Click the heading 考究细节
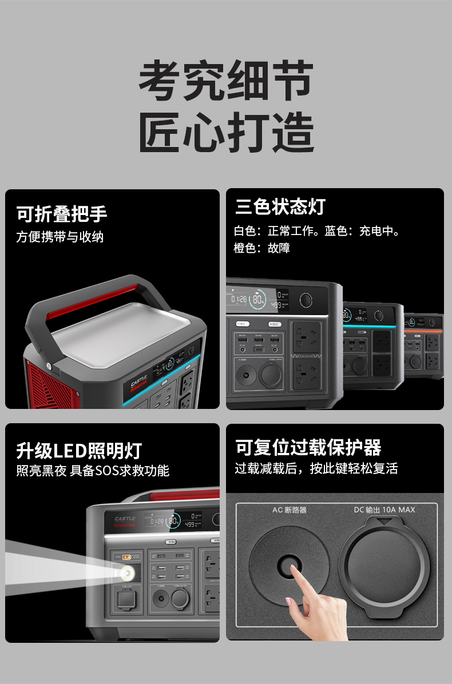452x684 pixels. click(x=226, y=81)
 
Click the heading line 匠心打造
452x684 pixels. click(x=226, y=133)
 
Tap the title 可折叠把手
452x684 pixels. click(x=62, y=214)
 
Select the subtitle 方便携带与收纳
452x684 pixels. click(x=60, y=237)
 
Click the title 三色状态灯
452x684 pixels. click(x=280, y=206)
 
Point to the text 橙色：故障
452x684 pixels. click(x=262, y=248)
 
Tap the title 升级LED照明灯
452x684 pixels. click(x=79, y=451)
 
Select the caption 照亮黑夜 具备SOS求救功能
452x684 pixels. click(x=93, y=471)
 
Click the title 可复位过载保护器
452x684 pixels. click(x=308, y=447)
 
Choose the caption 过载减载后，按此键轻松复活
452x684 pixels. click(x=316, y=468)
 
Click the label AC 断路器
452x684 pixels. click(x=290, y=510)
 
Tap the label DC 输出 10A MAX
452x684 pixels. click(x=384, y=510)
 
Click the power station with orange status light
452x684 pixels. click(x=424, y=346)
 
